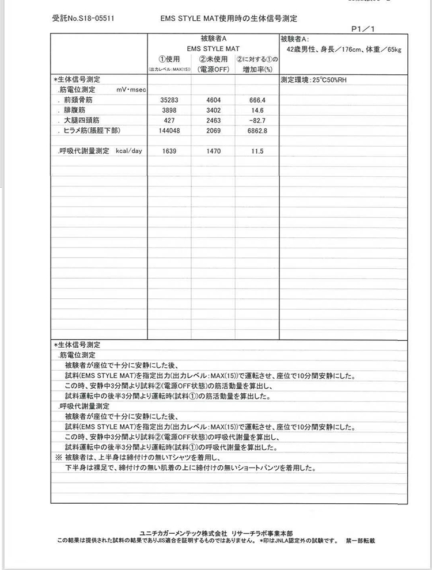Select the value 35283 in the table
[x=170, y=100]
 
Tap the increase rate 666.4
[x=257, y=100]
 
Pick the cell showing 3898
[x=170, y=110]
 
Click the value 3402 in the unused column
[x=214, y=110]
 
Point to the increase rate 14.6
[x=257, y=110]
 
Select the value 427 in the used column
[x=170, y=120]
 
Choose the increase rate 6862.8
[x=257, y=131]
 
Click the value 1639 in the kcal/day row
[x=170, y=151]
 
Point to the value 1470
[x=214, y=151]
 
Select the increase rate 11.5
[x=257, y=151]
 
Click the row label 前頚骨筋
[x=78, y=100]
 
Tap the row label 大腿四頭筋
[x=81, y=120]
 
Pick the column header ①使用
[x=170, y=59]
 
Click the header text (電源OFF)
[x=214, y=69]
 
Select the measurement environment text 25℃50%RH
[x=330, y=79]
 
